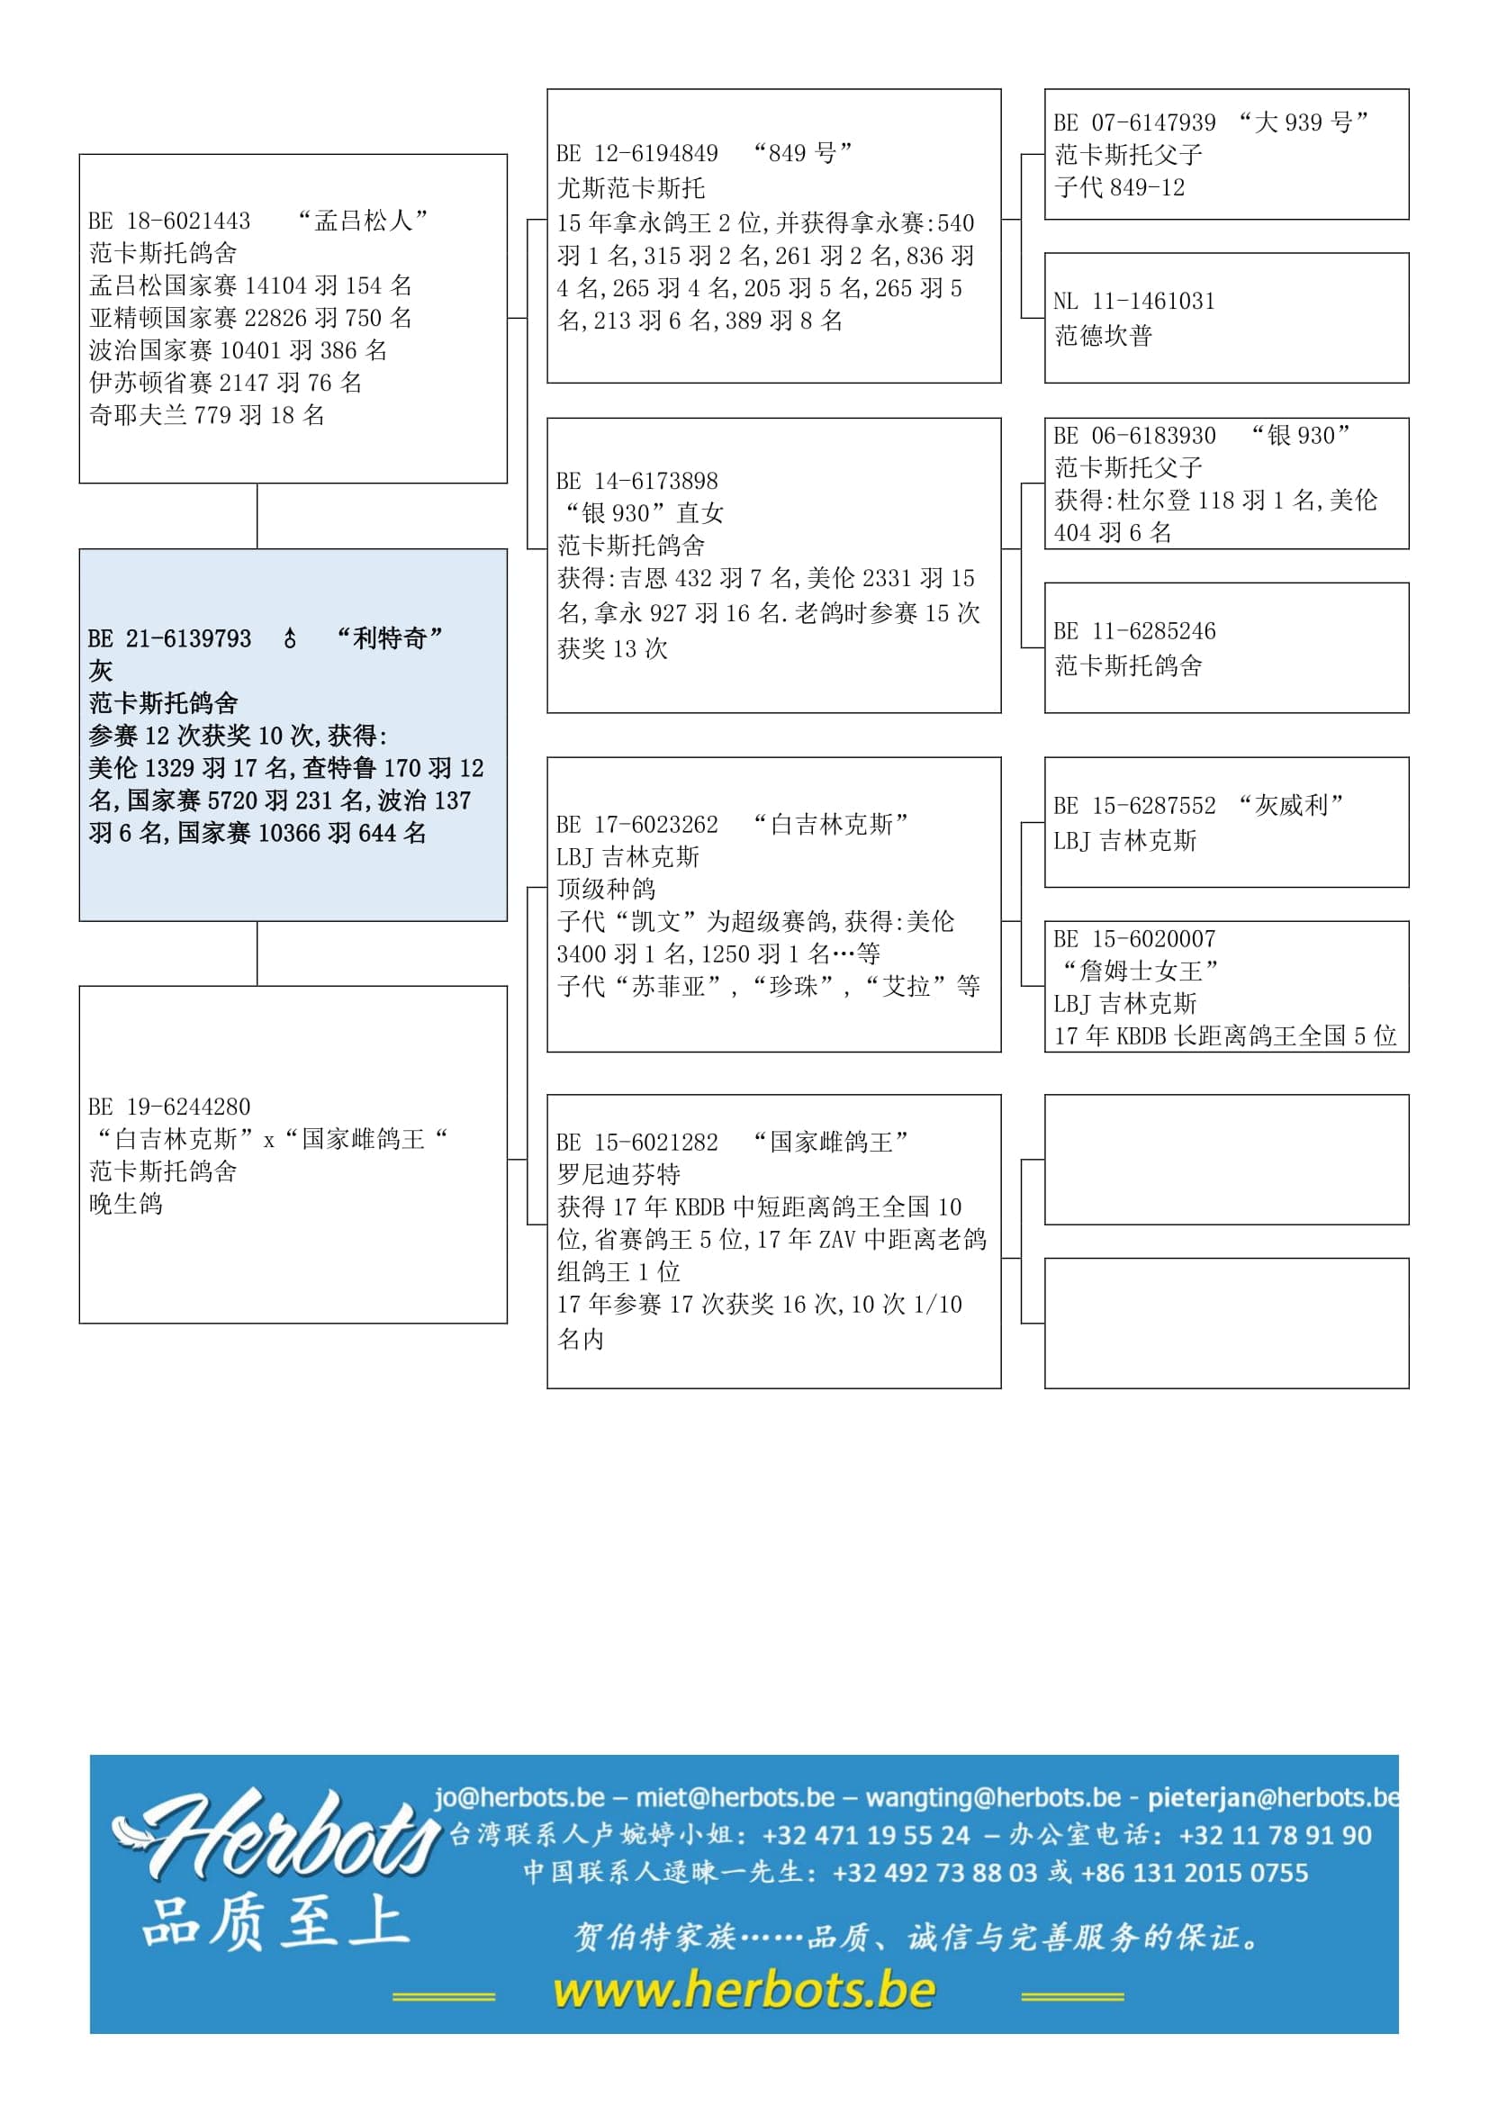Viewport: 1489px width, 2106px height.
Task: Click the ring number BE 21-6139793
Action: tap(169, 639)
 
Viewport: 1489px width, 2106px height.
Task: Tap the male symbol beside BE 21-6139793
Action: tap(290, 639)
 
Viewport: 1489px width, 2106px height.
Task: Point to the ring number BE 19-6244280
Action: tap(169, 1107)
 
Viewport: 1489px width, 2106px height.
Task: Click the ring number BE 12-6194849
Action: tap(637, 153)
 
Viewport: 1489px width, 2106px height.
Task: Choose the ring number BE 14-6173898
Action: tap(637, 482)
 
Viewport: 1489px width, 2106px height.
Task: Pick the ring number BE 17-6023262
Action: tap(637, 825)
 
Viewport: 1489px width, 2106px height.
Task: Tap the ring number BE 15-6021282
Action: tap(637, 1143)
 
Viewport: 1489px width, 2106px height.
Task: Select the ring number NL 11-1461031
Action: tap(1135, 301)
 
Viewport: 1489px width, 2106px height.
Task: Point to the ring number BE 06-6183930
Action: tap(1135, 436)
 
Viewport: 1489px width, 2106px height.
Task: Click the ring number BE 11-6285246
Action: tap(1135, 631)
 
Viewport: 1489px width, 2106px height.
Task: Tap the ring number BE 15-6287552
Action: tap(1135, 805)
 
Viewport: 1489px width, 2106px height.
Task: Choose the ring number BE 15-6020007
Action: tap(1135, 939)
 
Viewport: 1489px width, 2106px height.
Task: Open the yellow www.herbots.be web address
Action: tap(744, 1990)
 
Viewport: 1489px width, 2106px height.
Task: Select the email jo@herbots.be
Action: tap(519, 1797)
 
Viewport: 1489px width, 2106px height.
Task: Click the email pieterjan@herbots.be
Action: tap(1275, 1797)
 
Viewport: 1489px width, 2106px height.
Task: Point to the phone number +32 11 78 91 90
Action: tap(1276, 1834)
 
